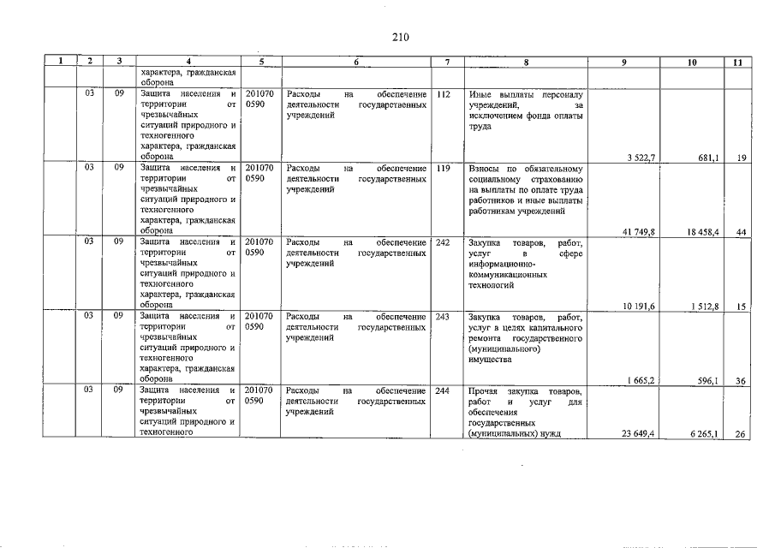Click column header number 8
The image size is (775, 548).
click(x=526, y=62)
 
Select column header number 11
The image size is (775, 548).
click(x=738, y=62)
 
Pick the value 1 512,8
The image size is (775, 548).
click(x=703, y=306)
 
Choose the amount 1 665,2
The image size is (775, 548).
click(x=641, y=380)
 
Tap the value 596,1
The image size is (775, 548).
click(x=706, y=380)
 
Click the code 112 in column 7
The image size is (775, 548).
click(x=443, y=94)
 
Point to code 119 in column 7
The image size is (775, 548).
click(x=443, y=169)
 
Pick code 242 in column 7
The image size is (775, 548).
click(x=443, y=243)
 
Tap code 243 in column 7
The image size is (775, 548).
click(x=443, y=318)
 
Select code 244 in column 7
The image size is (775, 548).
click(x=443, y=391)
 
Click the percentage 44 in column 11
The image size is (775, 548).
click(x=741, y=231)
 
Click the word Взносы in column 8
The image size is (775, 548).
click(x=486, y=169)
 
